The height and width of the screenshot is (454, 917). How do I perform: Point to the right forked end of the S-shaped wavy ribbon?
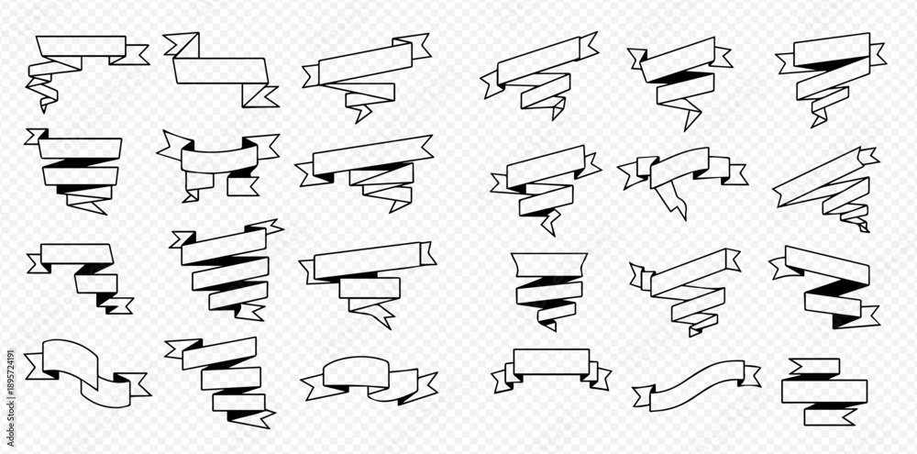tap(137, 383)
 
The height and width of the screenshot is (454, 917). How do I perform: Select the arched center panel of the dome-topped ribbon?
tap(356, 372)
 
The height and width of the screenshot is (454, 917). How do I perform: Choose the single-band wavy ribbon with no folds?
tap(696, 385)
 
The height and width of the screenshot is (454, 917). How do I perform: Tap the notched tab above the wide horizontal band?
tap(814, 366)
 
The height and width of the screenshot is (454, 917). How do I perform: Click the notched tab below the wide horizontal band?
tap(830, 416)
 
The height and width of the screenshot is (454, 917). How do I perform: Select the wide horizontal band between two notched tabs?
tap(824, 391)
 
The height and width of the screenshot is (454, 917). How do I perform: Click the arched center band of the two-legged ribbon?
tap(220, 158)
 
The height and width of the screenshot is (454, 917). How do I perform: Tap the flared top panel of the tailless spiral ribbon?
tap(549, 264)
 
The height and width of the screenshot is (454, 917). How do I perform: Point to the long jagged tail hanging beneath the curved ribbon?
tap(671, 200)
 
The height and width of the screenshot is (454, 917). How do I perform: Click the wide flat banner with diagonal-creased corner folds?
tap(221, 71)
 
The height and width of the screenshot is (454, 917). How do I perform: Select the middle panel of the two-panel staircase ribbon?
tap(96, 283)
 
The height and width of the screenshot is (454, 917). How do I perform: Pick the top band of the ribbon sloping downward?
tap(827, 266)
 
